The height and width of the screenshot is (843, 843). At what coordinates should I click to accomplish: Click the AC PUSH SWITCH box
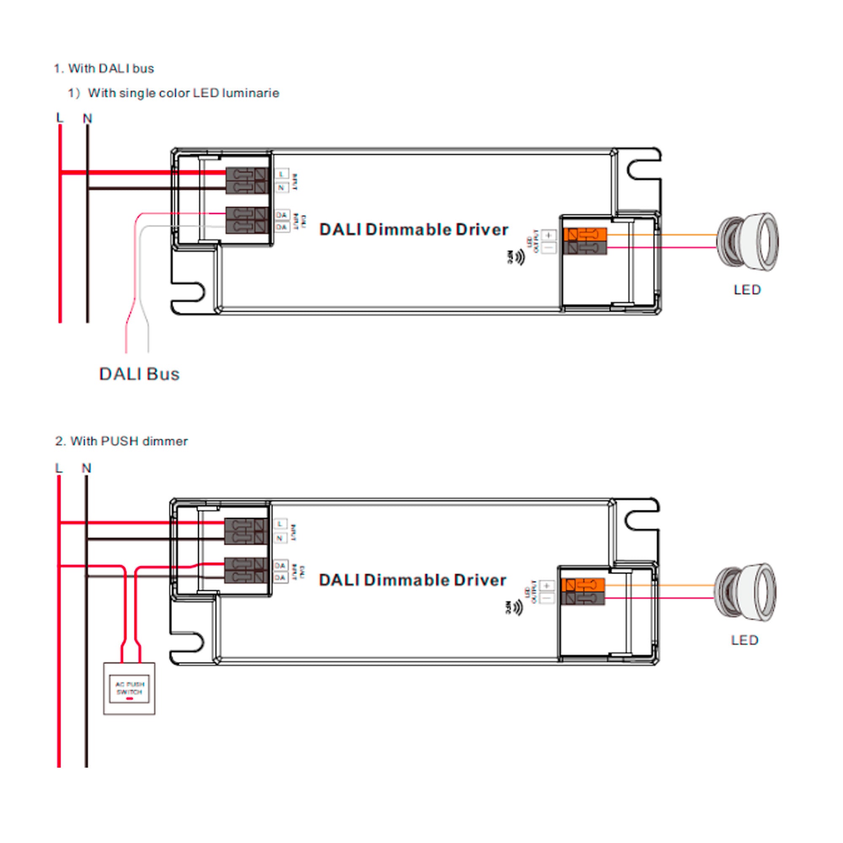coord(129,689)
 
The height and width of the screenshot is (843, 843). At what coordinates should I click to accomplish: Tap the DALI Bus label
coord(139,374)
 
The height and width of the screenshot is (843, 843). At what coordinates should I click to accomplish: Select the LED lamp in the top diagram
coord(748,241)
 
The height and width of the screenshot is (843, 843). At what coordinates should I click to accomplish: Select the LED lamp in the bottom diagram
coord(745,592)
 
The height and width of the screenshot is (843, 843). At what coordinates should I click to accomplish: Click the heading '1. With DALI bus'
coord(104,69)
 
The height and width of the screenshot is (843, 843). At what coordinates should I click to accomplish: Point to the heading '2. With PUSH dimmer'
coord(121,441)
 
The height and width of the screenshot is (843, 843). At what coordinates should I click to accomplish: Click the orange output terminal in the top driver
coord(585,235)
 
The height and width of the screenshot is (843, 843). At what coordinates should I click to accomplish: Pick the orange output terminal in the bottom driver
coord(583,585)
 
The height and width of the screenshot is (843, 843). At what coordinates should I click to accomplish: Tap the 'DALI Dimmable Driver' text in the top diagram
coord(413,230)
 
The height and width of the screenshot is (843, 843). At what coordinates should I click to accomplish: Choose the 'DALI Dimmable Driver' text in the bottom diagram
coord(412,580)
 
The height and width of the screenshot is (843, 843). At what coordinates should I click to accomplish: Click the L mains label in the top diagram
coord(60,118)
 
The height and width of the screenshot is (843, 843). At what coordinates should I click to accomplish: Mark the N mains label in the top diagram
coord(88,118)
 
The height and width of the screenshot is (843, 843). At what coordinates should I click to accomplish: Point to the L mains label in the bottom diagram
coord(59,468)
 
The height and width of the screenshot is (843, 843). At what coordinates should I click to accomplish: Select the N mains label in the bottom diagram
coord(86,468)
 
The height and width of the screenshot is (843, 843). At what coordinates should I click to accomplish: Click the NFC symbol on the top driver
coord(517,258)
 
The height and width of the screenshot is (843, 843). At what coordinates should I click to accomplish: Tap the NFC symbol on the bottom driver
coord(515,607)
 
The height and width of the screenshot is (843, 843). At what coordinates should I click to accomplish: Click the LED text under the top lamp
coord(747,290)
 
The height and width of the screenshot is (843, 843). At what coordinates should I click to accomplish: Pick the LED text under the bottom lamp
coord(744,640)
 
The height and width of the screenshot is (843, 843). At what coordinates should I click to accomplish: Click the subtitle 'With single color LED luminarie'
coord(183,93)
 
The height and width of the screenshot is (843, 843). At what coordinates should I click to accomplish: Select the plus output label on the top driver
coord(549,235)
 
